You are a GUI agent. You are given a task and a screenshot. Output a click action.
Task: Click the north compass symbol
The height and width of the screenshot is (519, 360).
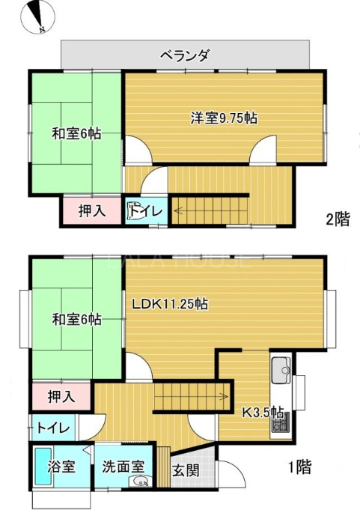pyautogui.click(x=37, y=17)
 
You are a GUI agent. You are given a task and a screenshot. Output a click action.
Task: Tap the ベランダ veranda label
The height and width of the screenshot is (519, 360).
pyautogui.click(x=185, y=55)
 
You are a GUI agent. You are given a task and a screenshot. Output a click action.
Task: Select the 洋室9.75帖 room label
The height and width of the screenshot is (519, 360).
pyautogui.click(x=224, y=118)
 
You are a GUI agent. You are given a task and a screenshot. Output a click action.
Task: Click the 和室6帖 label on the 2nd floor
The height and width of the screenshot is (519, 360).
pyautogui.click(x=76, y=133)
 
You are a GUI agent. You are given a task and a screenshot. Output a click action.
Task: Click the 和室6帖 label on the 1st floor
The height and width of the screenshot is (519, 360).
pyautogui.click(x=76, y=319)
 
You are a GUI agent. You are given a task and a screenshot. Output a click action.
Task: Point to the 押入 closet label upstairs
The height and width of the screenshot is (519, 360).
pyautogui.click(x=92, y=211)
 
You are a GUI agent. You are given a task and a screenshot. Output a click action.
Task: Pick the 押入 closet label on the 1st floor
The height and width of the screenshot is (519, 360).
pyautogui.click(x=61, y=396)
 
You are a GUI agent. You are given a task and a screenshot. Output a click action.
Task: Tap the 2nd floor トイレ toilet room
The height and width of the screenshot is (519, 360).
pyautogui.click(x=146, y=211)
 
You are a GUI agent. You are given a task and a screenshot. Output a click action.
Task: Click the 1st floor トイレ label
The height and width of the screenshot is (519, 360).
pyautogui.click(x=53, y=428)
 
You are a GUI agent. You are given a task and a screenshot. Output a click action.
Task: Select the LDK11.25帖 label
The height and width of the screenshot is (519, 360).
pyautogui.click(x=170, y=303)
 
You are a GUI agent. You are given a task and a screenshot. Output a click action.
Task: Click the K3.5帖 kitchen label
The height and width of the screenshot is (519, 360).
pyautogui.click(x=263, y=413)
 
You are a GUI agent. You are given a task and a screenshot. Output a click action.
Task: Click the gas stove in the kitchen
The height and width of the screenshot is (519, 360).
pyautogui.click(x=281, y=424)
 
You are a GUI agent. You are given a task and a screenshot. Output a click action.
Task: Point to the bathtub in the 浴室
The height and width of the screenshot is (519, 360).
pyautogui.click(x=43, y=467)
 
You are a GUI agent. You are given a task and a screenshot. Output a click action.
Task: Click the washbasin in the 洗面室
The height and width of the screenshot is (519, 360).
pyautogui.click(x=141, y=482)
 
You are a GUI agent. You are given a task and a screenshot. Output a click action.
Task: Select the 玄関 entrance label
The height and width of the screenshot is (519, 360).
pyautogui.click(x=186, y=470)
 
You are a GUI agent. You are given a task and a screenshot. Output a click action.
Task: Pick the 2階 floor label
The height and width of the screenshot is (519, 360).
pyautogui.click(x=338, y=219)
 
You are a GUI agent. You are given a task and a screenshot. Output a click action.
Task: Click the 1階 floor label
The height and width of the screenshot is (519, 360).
pyautogui.click(x=300, y=467)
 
